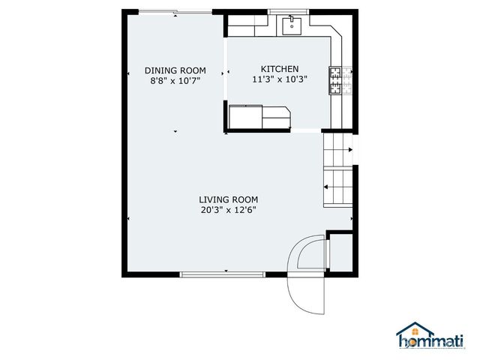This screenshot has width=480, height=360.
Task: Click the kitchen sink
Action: tap(291, 27)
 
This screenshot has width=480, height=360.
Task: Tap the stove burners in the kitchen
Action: tap(334, 81)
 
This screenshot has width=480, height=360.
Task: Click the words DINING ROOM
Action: tap(174, 70)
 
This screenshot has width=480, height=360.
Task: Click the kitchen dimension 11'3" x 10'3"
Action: tap(279, 78)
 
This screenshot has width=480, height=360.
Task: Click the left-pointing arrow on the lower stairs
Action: tap(327, 187)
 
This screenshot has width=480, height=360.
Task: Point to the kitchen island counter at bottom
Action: tap(259, 118)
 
